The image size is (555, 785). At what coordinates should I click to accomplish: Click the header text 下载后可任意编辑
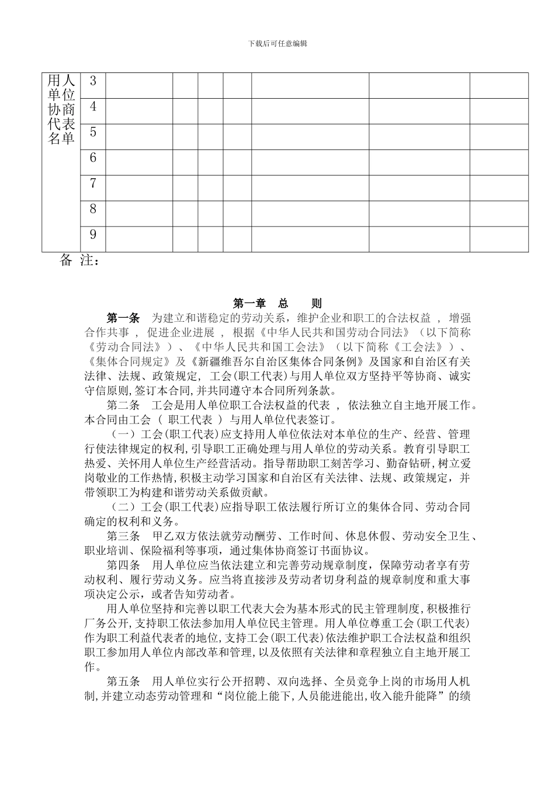click(x=277, y=44)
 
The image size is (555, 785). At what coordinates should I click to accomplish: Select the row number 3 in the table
click(x=93, y=81)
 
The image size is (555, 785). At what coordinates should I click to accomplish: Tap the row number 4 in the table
click(x=93, y=106)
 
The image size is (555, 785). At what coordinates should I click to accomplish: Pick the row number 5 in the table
click(x=93, y=132)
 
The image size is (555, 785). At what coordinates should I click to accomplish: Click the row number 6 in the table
click(x=93, y=158)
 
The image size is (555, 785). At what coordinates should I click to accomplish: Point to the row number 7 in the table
click(x=93, y=183)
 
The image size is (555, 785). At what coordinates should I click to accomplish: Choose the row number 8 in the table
click(x=93, y=209)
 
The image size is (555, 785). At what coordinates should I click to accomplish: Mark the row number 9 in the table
click(x=93, y=235)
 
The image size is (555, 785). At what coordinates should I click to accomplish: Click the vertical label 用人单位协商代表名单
click(x=61, y=109)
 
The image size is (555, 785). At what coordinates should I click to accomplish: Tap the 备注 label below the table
click(x=80, y=261)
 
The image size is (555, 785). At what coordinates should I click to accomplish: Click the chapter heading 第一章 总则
click(x=277, y=303)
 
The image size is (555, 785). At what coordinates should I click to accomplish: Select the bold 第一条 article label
click(x=123, y=318)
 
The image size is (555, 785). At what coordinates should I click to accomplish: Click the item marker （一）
click(x=123, y=435)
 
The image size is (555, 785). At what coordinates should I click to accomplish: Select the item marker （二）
click(x=123, y=507)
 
